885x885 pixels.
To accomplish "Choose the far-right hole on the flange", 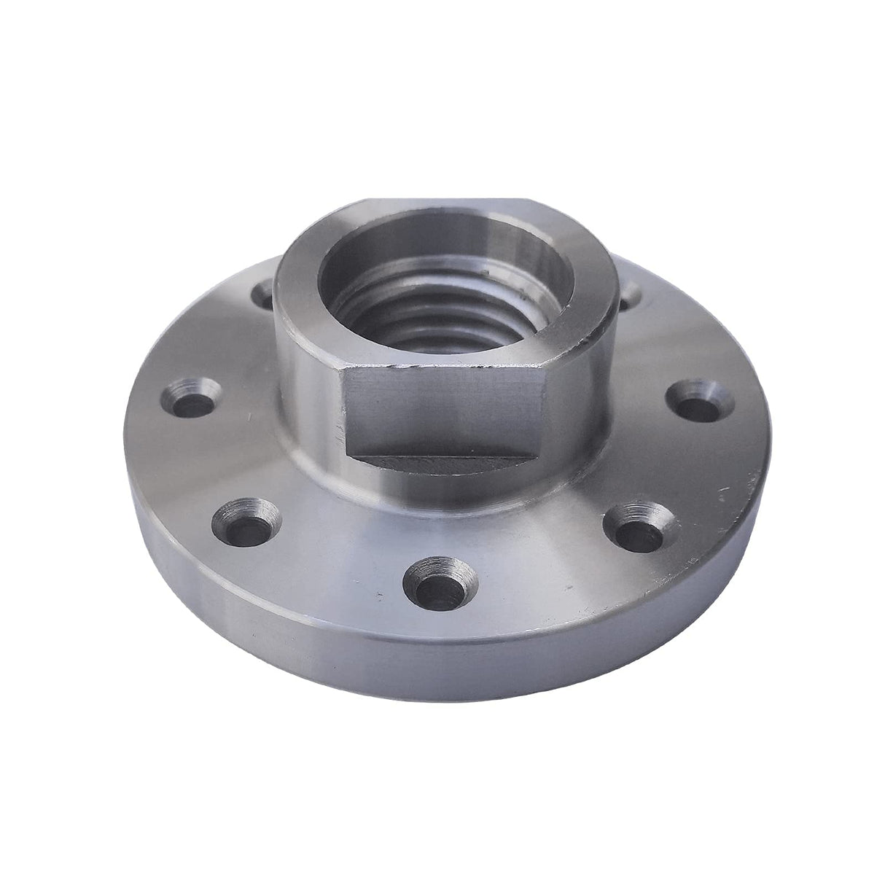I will pyautogui.click(x=693, y=394).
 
